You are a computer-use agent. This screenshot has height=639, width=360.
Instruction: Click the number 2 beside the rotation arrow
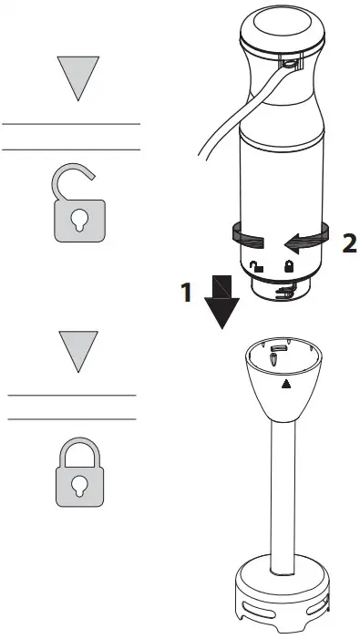click(x=348, y=242)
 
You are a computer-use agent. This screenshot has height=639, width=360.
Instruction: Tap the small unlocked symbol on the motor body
click(x=258, y=266)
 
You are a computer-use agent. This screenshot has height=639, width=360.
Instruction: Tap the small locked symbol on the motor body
click(x=290, y=266)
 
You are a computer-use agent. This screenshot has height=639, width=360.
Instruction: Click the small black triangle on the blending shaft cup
click(x=289, y=384)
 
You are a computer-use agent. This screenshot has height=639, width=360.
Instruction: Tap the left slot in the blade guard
click(x=247, y=613)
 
